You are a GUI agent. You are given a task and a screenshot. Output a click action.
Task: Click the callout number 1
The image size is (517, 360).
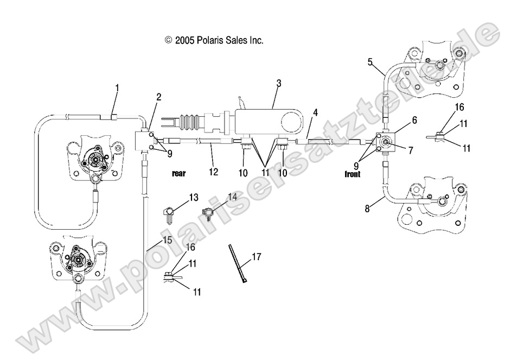click(x=117, y=87)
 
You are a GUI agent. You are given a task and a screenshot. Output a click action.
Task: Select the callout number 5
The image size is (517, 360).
click(x=370, y=61)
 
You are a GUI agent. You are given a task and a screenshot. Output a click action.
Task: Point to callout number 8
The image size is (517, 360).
click(x=367, y=208)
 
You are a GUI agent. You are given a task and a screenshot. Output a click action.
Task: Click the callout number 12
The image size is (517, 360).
click(x=213, y=172)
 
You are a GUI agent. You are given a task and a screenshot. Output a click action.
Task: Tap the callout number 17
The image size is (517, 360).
click(x=256, y=257)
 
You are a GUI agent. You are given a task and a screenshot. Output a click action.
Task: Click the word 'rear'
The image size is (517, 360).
click(x=179, y=174)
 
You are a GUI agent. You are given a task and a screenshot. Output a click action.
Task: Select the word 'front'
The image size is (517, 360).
click(x=356, y=175)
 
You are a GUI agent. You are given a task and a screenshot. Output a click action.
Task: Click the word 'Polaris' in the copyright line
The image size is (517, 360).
click(x=205, y=40)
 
